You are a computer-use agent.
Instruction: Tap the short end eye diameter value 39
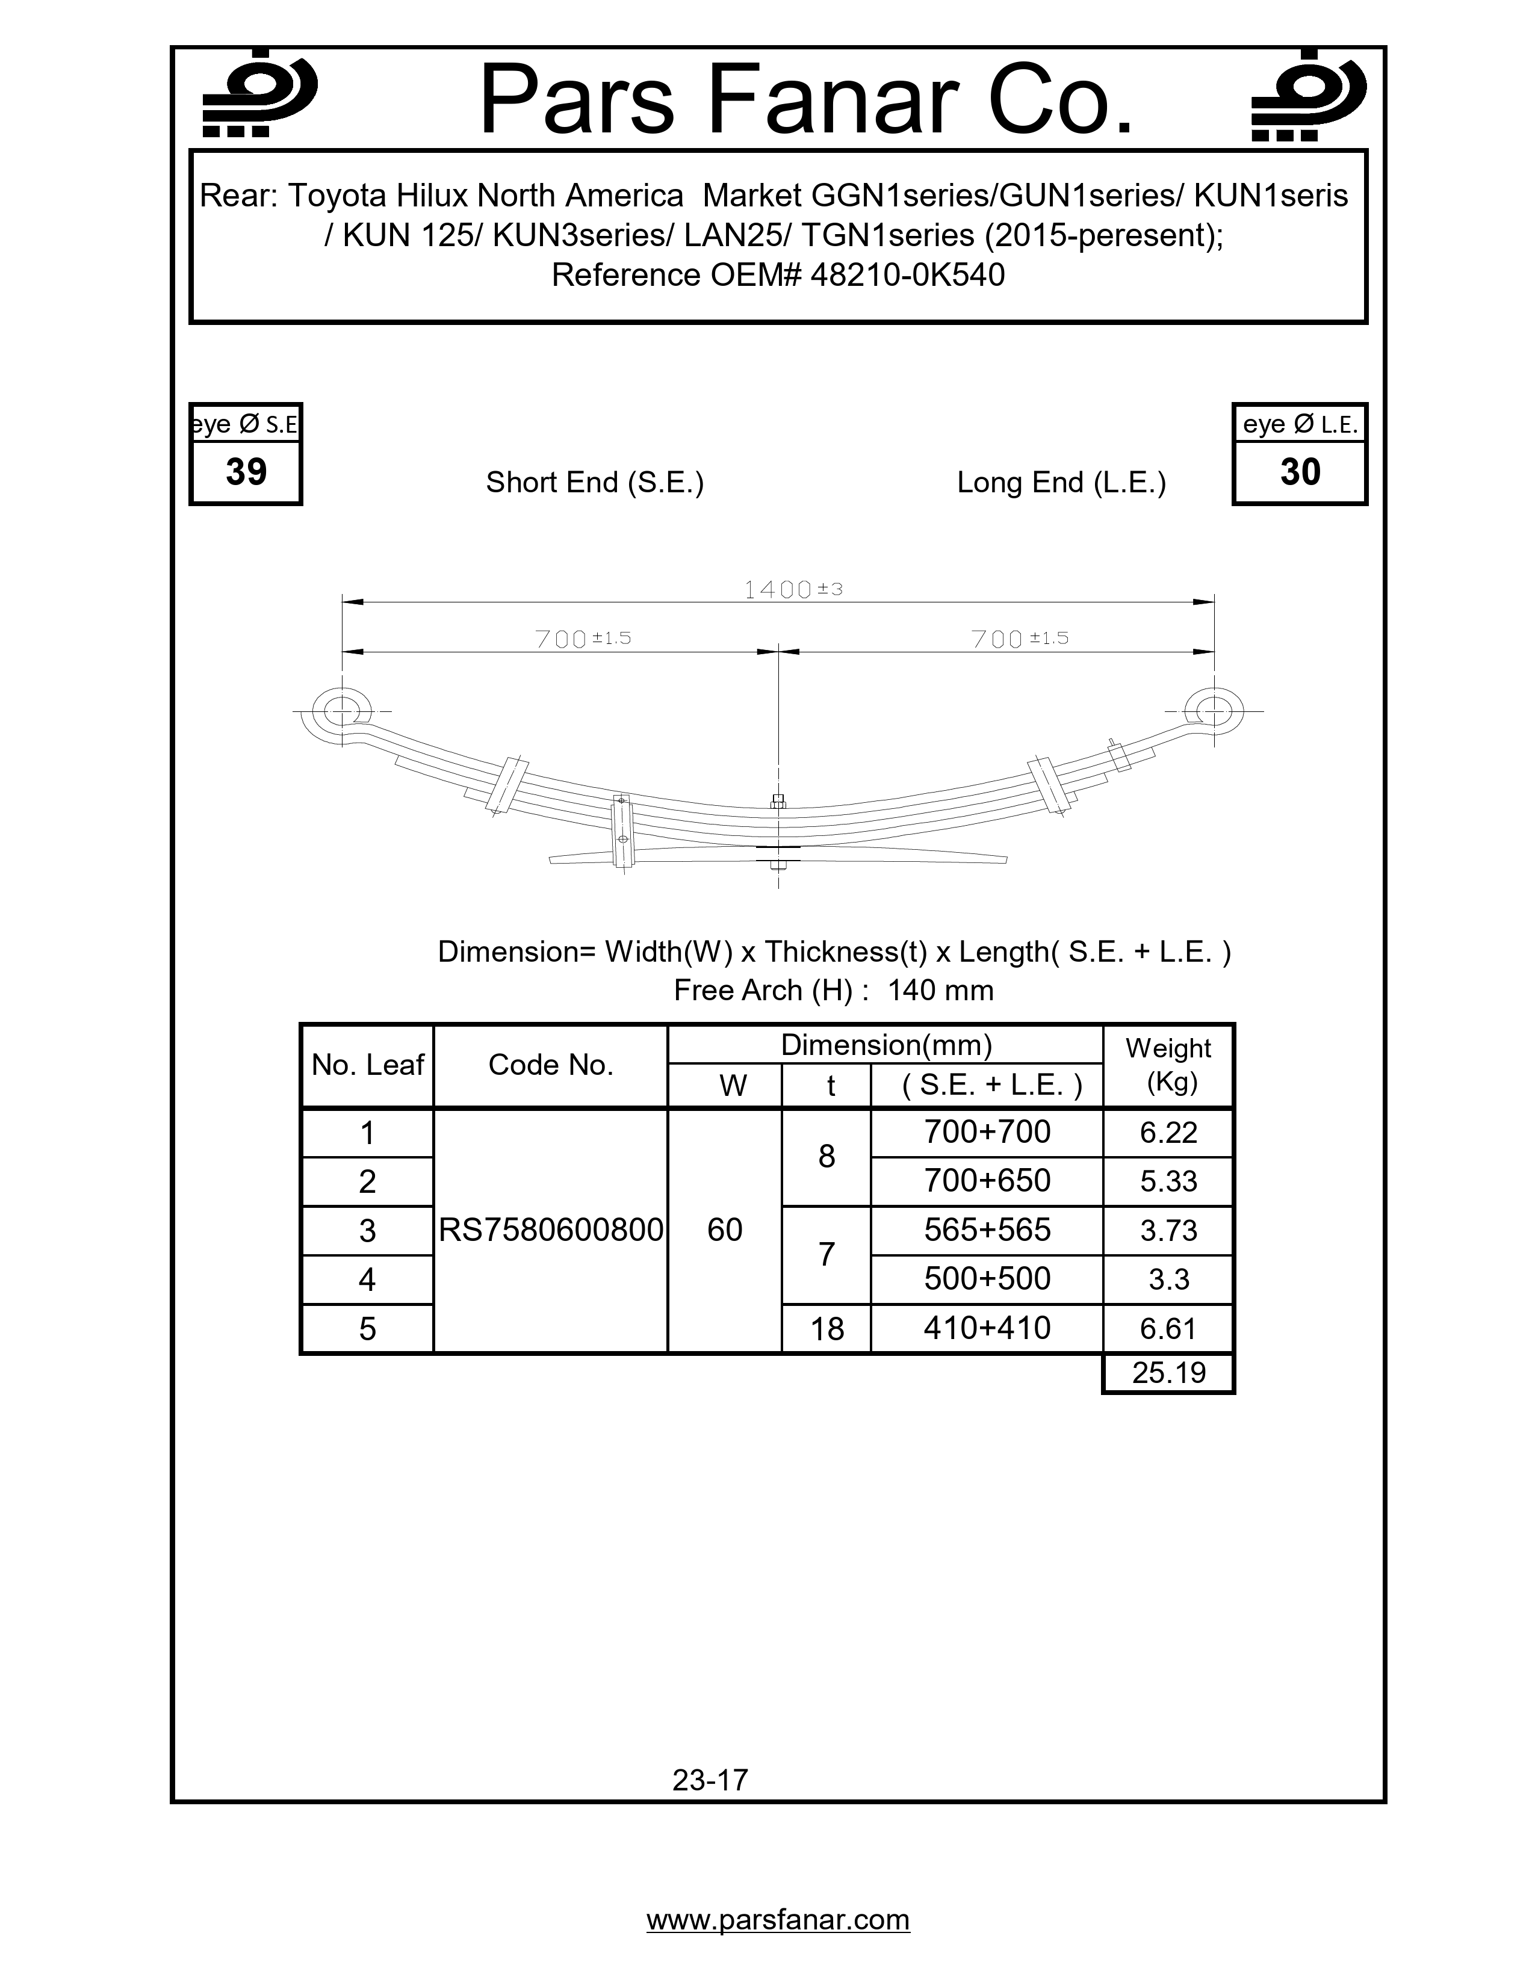(x=246, y=472)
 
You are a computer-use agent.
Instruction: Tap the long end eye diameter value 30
(x=1300, y=472)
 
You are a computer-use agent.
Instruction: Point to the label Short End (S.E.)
(x=595, y=482)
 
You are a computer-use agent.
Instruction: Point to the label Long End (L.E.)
(x=1061, y=482)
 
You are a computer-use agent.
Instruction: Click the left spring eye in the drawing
(x=341, y=710)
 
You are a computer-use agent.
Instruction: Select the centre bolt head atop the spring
(x=778, y=801)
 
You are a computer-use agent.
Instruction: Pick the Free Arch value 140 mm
(x=940, y=989)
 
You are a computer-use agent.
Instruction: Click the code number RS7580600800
(x=551, y=1230)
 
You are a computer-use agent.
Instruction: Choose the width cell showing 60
(x=725, y=1230)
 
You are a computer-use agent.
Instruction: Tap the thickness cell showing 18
(x=826, y=1329)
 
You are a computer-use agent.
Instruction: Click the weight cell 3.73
(x=1168, y=1230)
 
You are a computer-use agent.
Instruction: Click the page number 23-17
(x=710, y=1780)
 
